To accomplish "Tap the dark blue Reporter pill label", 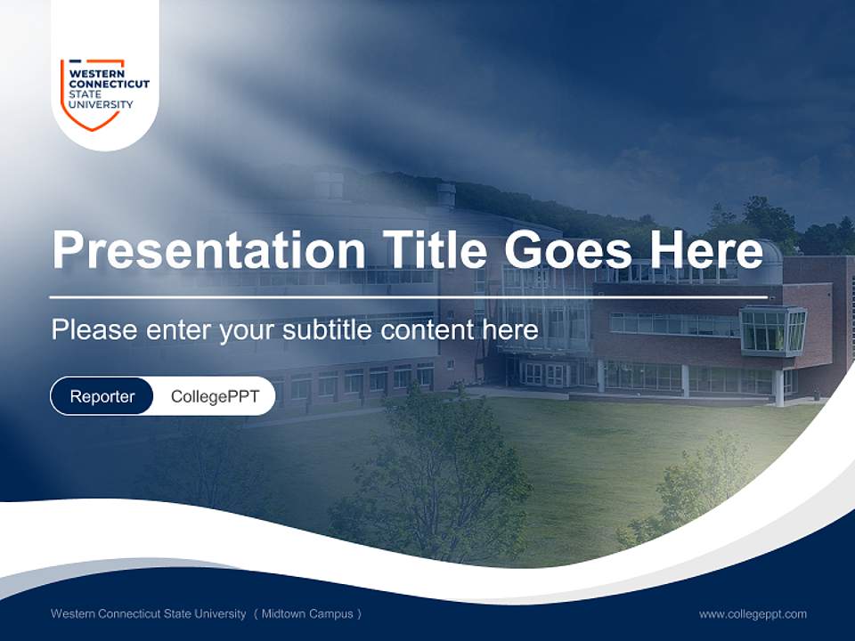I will (x=102, y=396).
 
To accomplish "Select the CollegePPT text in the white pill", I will (x=215, y=396).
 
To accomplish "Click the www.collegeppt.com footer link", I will (x=753, y=613).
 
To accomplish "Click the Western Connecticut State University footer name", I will (x=148, y=613).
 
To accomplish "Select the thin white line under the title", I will (x=408, y=296).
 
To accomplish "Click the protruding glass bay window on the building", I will (x=772, y=329).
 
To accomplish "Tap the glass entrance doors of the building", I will (x=543, y=374).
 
